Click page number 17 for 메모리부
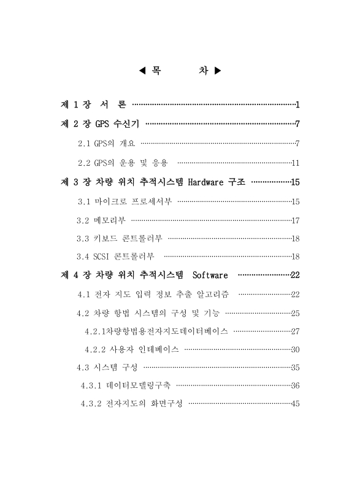pos(294,220)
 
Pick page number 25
pos(294,314)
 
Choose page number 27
pos(294,331)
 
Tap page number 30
pos(294,349)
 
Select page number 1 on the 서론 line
pos(297,105)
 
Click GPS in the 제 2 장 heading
pos(102,125)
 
